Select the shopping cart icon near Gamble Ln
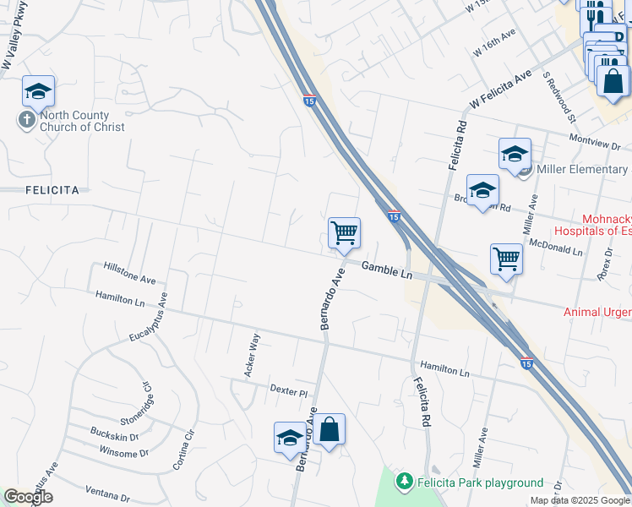[x=344, y=232]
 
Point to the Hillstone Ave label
[x=130, y=272]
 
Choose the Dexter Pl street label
[x=288, y=390]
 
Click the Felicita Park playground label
[x=479, y=482]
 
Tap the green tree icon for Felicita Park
[x=406, y=482]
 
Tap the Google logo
[x=28, y=497]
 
